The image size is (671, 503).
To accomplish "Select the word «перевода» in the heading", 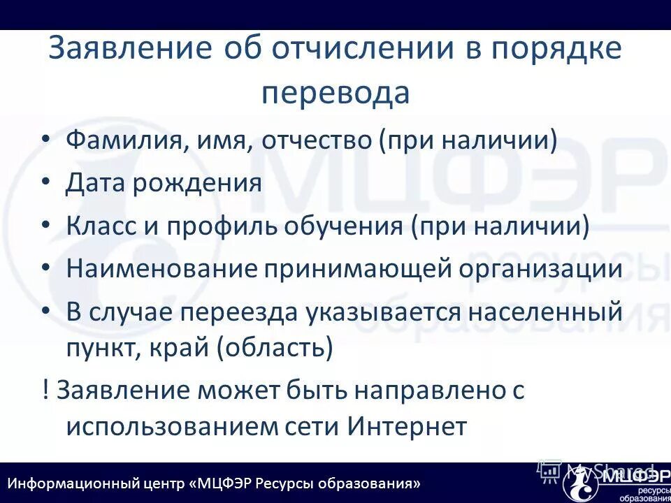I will [x=335, y=93].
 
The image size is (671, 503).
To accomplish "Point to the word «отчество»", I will [x=318, y=141].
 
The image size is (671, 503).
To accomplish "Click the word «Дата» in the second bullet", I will [x=94, y=184].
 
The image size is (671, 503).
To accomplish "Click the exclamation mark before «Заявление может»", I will [x=45, y=390].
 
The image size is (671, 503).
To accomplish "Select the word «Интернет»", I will [x=406, y=426].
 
